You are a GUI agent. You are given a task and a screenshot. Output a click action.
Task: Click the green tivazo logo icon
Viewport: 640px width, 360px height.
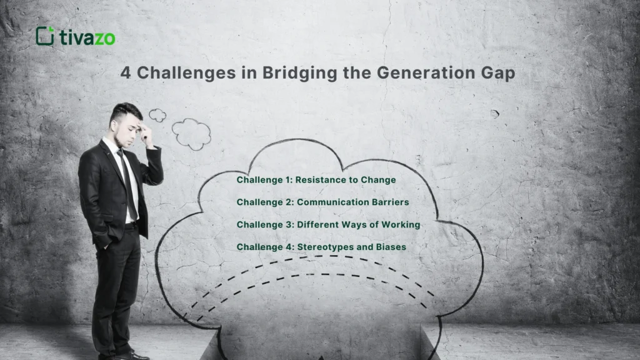(45, 36)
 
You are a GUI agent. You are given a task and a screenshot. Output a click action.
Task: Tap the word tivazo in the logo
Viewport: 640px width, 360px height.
(87, 37)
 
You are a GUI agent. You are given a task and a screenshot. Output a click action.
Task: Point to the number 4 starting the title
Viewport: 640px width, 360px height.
(126, 72)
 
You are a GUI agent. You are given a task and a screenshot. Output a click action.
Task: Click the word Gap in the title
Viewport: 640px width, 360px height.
(498, 73)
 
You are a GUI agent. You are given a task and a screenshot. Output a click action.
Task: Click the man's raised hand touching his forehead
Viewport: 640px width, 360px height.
(147, 132)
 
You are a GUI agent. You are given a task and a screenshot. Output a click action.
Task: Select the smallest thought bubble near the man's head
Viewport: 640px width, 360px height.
(157, 116)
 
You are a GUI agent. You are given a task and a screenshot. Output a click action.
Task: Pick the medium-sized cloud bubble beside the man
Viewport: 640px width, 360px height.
(191, 133)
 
